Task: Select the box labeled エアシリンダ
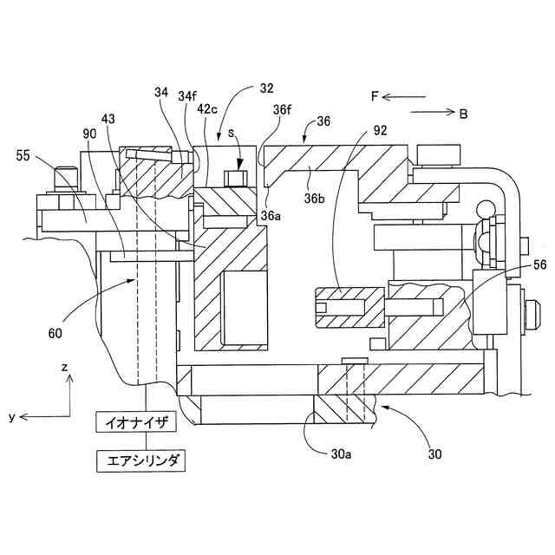140,460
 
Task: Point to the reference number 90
91,134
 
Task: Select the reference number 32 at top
265,88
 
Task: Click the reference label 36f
282,110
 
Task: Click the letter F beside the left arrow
375,96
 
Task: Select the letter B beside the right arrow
463,113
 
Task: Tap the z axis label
64,368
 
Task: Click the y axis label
12,417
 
